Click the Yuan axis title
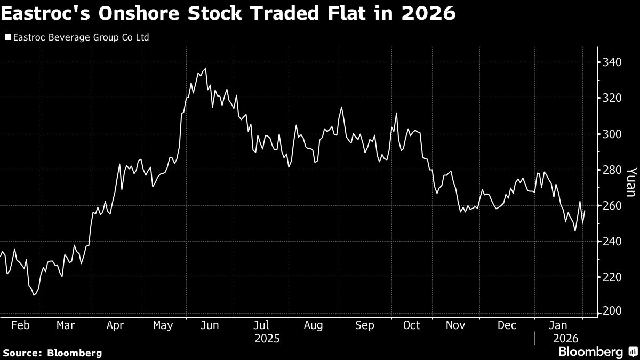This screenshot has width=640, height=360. click(x=631, y=182)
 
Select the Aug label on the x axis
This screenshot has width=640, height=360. click(x=313, y=325)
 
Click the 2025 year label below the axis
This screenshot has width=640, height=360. click(x=267, y=338)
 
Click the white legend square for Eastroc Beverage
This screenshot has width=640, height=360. click(x=7, y=37)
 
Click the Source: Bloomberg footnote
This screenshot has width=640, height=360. click(x=52, y=353)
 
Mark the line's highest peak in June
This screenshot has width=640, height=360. click(x=205, y=68)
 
